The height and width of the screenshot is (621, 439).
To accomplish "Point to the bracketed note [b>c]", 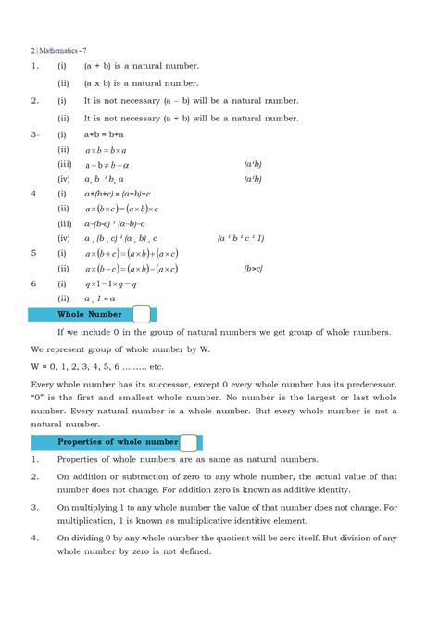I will click(255, 269).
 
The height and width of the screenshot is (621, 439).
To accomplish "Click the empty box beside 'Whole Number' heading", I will click(142, 315).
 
